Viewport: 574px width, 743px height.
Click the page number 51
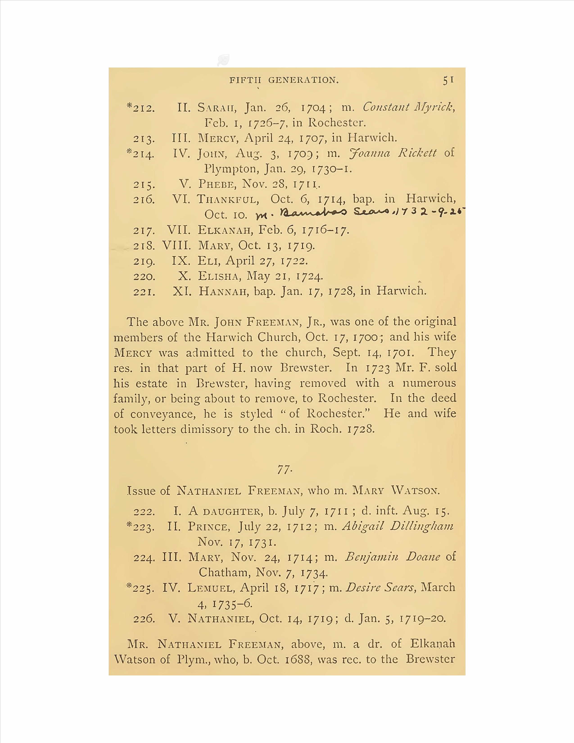tap(448, 80)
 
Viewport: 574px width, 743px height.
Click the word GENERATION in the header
tap(303, 80)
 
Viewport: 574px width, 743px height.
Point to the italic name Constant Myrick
tap(408, 107)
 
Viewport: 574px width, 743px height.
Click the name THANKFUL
tap(228, 199)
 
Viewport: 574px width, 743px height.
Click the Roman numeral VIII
tap(176, 245)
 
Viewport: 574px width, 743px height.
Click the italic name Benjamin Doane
tap(392, 557)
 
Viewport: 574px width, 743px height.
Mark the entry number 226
tap(144, 619)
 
